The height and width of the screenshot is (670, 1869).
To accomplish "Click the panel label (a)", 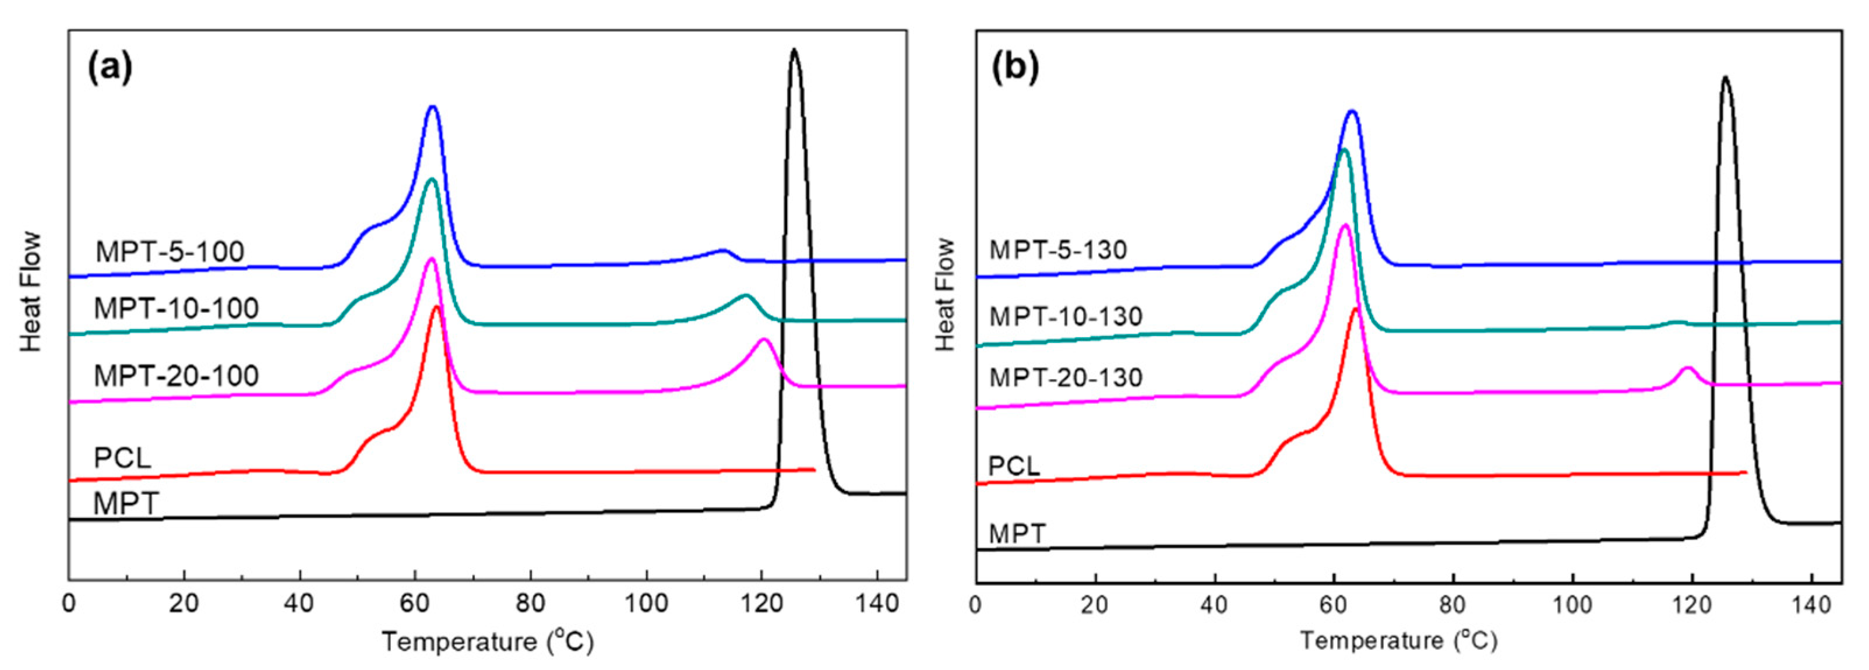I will [110, 69].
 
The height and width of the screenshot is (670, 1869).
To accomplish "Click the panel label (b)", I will [1015, 69].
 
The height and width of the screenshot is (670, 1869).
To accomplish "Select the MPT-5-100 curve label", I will [170, 252].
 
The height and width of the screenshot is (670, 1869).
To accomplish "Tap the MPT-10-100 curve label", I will [177, 309].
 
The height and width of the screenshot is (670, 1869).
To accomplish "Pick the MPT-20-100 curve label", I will [177, 375].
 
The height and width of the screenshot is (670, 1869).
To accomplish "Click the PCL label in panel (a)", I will [122, 458].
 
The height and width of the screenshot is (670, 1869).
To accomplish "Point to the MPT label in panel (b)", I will [1017, 534].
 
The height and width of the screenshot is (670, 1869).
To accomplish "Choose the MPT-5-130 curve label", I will [1058, 251].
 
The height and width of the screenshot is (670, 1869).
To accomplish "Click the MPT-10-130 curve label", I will [1066, 316].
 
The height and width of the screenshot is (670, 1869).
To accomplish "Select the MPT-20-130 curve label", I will [1066, 378].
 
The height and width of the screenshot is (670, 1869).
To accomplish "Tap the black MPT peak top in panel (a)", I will [795, 50].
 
